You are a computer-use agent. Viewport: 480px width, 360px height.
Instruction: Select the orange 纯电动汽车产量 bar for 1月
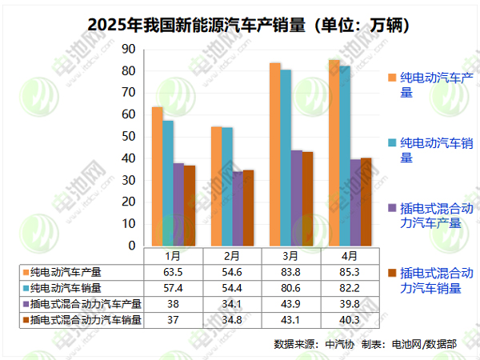pos(158,176)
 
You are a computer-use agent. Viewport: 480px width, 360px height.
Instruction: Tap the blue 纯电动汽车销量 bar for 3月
pos(286,157)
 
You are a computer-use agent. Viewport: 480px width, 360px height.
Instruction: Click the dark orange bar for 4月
pos(366,202)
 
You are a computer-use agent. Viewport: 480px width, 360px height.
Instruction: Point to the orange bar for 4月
pos(334,152)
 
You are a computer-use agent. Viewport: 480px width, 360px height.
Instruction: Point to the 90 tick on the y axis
pos(128,50)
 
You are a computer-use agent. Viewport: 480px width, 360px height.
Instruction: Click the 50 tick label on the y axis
pos(128,137)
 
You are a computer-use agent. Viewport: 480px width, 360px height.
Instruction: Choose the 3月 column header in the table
pos(291,256)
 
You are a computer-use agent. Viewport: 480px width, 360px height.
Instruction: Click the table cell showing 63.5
pos(172,272)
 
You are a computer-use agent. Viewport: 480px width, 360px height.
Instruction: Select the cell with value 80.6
pos(291,288)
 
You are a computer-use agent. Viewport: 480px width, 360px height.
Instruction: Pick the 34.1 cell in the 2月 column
pos(231,305)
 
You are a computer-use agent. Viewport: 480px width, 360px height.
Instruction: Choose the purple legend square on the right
pos(392,208)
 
